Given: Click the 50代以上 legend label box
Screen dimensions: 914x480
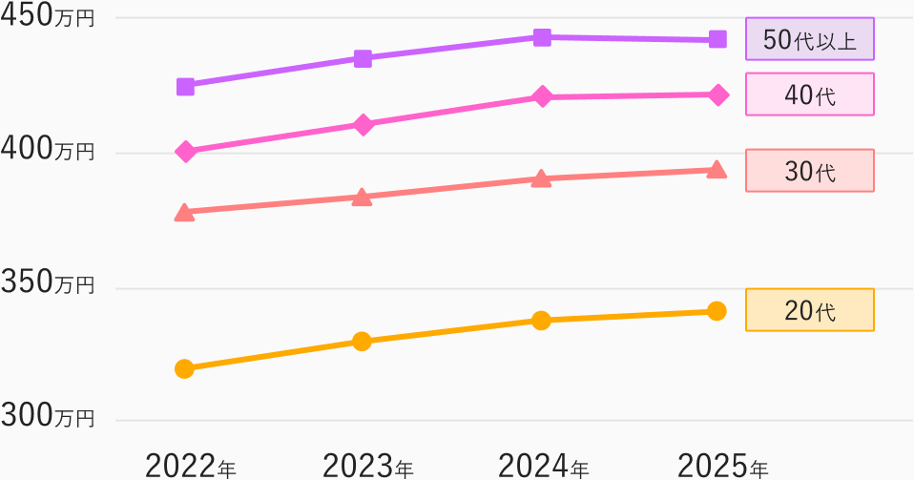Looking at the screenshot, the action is click(810, 39).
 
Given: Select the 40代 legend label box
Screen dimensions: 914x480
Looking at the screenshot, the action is click(810, 94).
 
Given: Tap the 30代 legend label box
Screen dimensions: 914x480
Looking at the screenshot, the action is click(810, 171).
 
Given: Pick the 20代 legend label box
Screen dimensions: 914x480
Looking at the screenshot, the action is click(810, 310).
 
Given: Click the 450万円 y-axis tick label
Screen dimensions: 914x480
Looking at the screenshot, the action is click(47, 16).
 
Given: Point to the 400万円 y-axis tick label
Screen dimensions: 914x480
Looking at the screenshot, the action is click(47, 150).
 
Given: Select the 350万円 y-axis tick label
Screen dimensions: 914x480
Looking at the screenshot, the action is click(47, 282).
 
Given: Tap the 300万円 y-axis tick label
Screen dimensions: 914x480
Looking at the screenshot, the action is click(47, 416).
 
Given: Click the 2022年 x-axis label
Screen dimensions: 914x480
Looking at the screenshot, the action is click(191, 467).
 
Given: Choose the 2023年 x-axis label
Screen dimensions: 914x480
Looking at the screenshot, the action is click(368, 467).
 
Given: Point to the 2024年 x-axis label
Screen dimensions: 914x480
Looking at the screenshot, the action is click(544, 467).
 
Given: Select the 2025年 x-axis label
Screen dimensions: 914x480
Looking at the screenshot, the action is click(723, 467).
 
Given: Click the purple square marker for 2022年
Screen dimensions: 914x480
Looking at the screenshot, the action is click(185, 87).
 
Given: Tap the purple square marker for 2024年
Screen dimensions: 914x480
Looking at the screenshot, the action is click(542, 38).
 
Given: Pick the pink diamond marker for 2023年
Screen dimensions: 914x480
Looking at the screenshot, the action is click(364, 125).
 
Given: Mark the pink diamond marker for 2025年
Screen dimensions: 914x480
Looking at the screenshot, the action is click(718, 95).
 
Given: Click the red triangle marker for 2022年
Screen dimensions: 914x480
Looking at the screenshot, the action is click(185, 213).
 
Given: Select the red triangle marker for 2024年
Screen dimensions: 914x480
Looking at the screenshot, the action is click(542, 178).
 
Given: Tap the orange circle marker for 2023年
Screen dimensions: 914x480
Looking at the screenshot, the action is click(362, 342).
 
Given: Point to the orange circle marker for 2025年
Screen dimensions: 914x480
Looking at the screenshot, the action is click(717, 311).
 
